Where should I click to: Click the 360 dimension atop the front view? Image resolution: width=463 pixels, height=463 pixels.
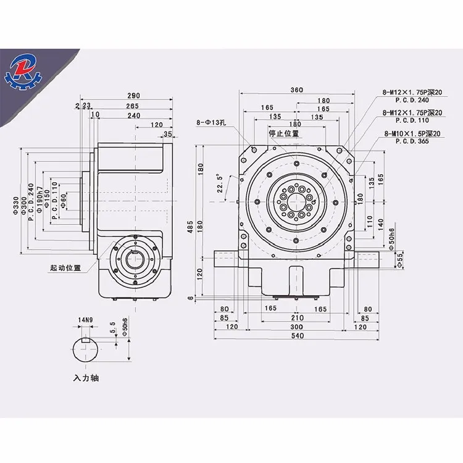296,90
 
